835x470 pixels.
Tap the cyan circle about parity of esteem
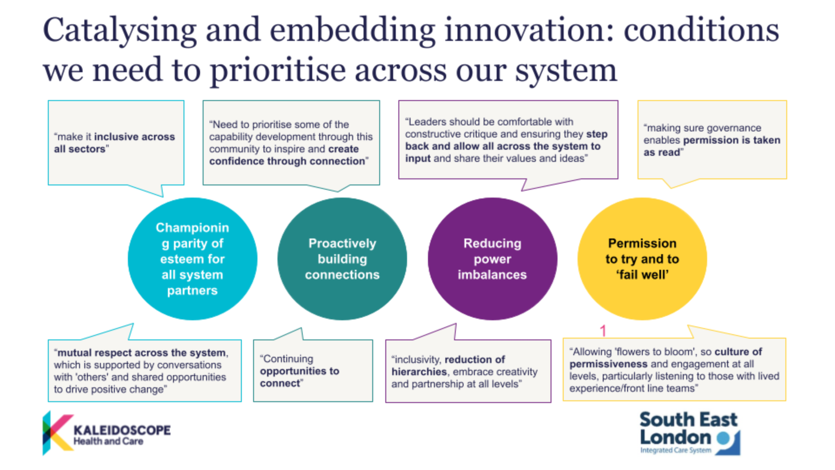click(193, 259)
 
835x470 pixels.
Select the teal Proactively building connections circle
click(342, 259)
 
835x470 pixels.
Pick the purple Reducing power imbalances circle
click(492, 259)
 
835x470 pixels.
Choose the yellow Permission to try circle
click(642, 259)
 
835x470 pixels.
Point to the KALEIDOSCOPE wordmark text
click(122, 430)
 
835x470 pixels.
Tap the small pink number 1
click(603, 331)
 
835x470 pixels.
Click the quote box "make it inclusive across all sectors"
click(116, 143)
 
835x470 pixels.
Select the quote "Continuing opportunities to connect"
click(313, 371)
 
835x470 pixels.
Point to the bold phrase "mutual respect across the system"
click(142, 352)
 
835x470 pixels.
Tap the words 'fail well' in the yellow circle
click(642, 275)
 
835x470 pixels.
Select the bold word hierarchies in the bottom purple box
click(419, 372)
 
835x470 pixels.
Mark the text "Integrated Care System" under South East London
click(676, 450)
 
